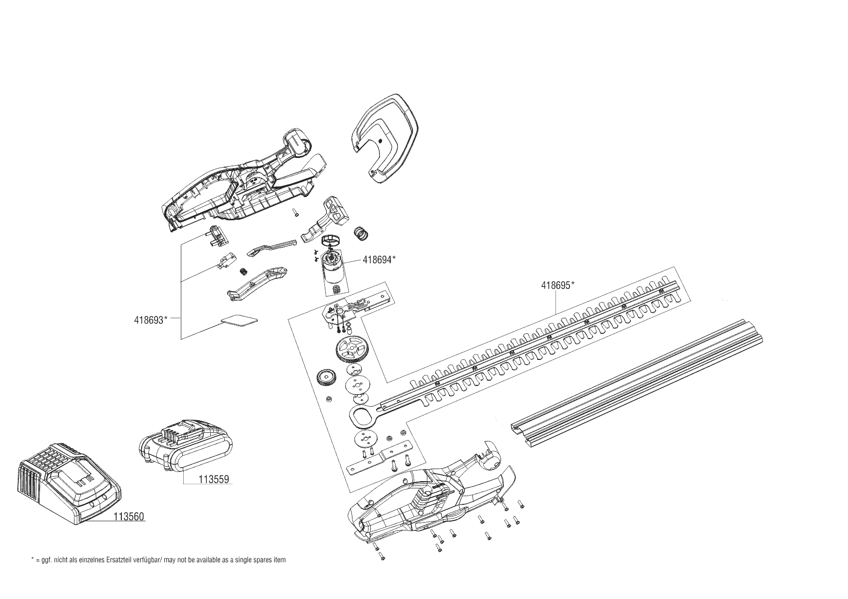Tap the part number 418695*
(557, 285)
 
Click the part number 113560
(129, 516)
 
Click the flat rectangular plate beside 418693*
(239, 320)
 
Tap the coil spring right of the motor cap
(361, 232)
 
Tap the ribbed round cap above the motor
(331, 238)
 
